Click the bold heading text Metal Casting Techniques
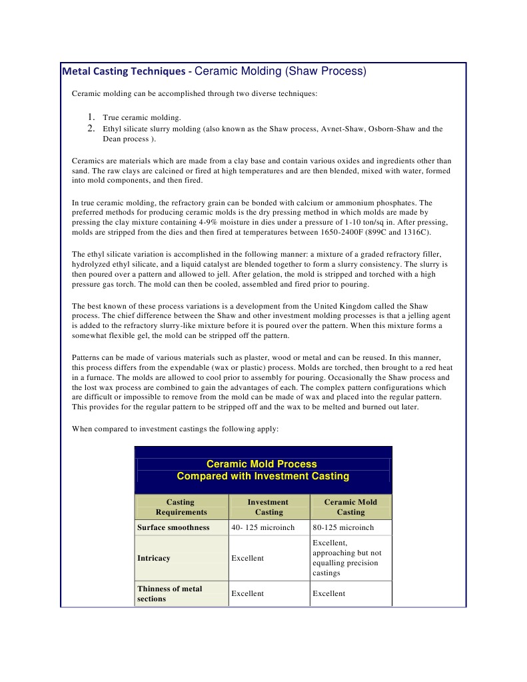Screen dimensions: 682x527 pos(124,71)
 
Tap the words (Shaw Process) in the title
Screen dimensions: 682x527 pos(326,71)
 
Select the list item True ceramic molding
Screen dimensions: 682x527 pos(142,117)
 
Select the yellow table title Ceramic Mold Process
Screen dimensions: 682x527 pos(262,464)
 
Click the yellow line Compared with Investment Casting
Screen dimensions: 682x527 pos(263,476)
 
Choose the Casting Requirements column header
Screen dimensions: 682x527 pos(181,507)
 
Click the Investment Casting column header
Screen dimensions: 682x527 pos(268,507)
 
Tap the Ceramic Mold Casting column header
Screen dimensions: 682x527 pos(350,507)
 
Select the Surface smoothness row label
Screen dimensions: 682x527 pos(173,527)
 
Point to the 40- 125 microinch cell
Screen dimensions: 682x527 pos(263,527)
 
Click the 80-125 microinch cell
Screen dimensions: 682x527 pos(342,527)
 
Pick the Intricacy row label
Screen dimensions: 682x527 pos(154,558)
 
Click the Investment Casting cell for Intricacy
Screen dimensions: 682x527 pos(247,558)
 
